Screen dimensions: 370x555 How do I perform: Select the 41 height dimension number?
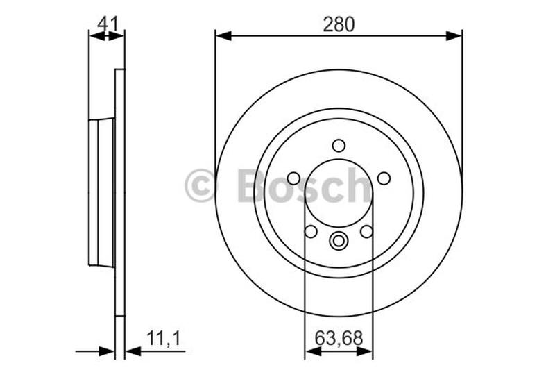[107, 24]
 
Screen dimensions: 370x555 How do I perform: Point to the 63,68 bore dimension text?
[339, 339]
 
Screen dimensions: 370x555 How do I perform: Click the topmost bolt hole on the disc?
[339, 146]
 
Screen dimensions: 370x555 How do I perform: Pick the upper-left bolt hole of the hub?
[293, 178]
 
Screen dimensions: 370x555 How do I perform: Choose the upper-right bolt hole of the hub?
[384, 178]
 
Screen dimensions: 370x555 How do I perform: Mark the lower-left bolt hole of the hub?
[311, 231]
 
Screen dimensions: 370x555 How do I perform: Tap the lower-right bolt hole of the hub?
[366, 231]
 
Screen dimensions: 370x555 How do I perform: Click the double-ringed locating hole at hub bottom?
[339, 241]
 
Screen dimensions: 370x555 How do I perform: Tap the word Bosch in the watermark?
[304, 186]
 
